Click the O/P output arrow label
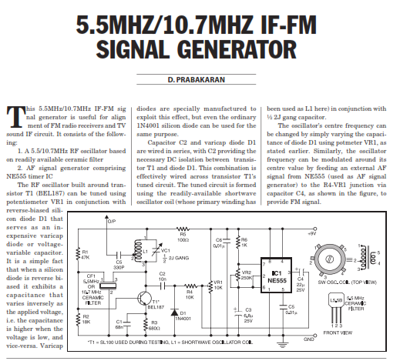(x=111, y=221)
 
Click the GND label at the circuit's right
(x=309, y=337)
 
